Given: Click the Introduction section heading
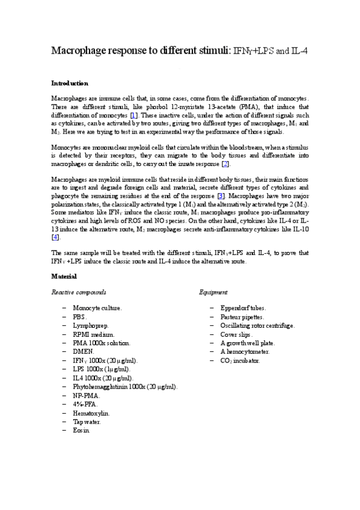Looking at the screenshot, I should tap(70, 83).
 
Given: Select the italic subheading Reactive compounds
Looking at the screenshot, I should tap(79, 292).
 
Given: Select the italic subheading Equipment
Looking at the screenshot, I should tap(213, 292).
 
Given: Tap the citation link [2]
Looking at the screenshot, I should tap(225, 164).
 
